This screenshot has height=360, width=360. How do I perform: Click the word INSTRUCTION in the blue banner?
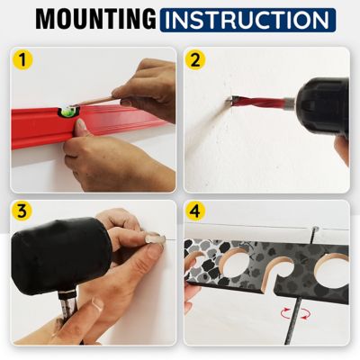point(247,20)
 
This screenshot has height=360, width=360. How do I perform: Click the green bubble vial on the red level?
point(68,112)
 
